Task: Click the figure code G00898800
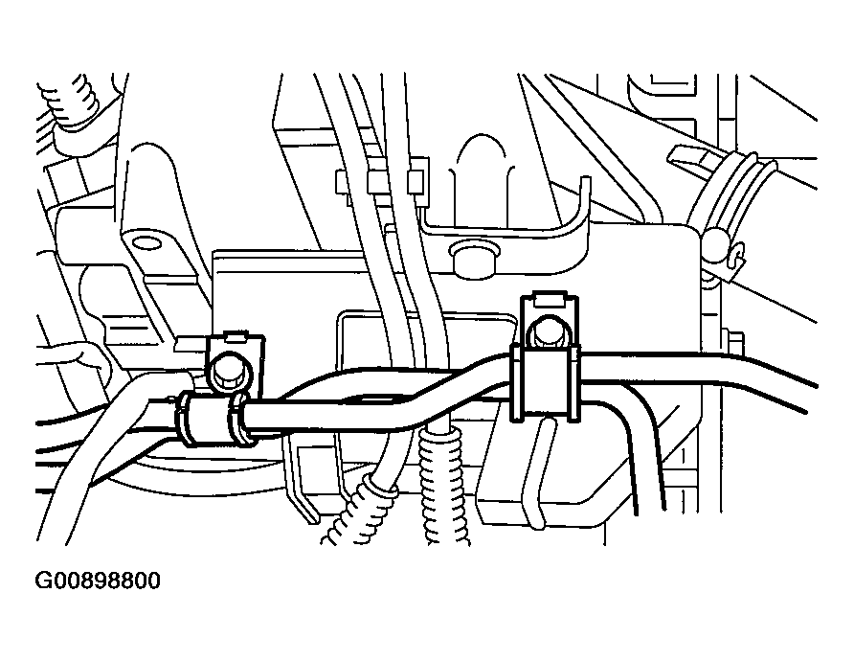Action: pos(98,581)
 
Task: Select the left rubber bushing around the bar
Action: pos(213,420)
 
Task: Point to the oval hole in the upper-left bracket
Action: pos(147,239)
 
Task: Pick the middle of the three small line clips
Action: pos(376,182)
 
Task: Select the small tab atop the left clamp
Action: pos(235,339)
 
